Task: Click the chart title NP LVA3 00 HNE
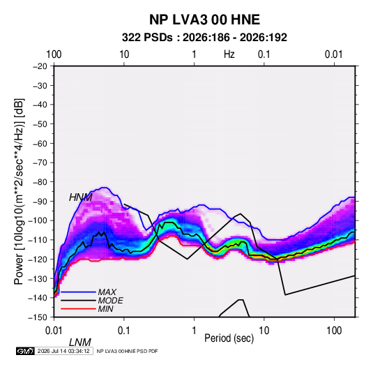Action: click(x=204, y=20)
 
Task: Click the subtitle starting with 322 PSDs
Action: click(x=204, y=38)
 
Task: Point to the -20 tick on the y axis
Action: click(x=40, y=66)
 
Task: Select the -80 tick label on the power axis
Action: click(x=40, y=182)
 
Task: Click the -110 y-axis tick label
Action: click(x=38, y=240)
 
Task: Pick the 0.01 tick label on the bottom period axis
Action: click(x=54, y=331)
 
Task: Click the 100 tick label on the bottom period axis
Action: click(x=334, y=331)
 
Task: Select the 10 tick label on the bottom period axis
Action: click(x=264, y=331)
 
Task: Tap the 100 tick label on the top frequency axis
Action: click(x=54, y=54)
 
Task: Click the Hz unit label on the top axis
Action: click(x=229, y=54)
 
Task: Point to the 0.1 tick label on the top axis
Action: click(x=264, y=54)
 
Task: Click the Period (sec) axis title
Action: click(x=229, y=338)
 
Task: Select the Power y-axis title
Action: click(x=19, y=191)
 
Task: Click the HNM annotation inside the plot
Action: click(x=81, y=197)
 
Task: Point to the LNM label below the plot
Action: click(x=80, y=342)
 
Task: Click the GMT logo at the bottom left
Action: click(x=25, y=351)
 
